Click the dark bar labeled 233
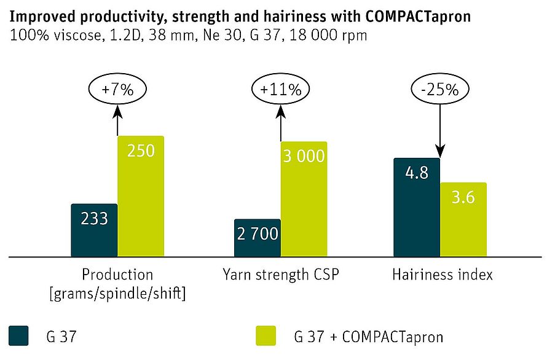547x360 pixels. tap(94, 230)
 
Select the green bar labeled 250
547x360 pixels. tap(141, 197)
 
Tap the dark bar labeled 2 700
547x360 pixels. tap(257, 238)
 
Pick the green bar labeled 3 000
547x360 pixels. tap(304, 200)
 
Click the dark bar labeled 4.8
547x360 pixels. tap(417, 207)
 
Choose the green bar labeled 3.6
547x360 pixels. tap(463, 219)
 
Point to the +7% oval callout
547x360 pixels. tap(118, 89)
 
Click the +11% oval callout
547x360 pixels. tap(280, 89)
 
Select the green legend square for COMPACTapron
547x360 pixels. tap(267, 336)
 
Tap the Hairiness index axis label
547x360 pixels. tap(442, 275)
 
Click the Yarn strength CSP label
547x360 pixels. tap(280, 275)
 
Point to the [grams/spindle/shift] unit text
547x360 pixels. tap(118, 294)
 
